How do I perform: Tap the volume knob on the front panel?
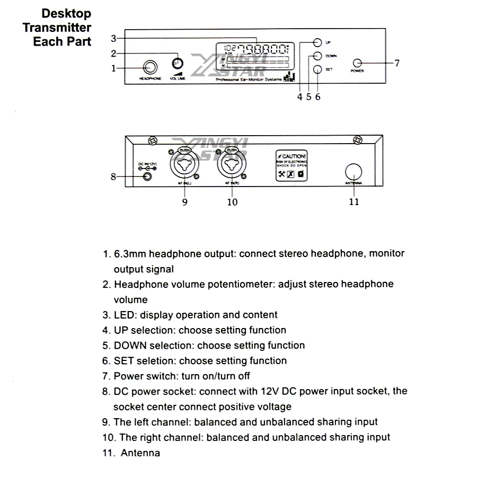pyautogui.click(x=178, y=63)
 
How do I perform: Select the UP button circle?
pyautogui.click(x=317, y=42)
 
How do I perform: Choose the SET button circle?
pyautogui.click(x=317, y=69)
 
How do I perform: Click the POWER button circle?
pyautogui.click(x=358, y=63)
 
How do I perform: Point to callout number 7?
pyautogui.click(x=397, y=63)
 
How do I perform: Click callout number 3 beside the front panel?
pyautogui.click(x=113, y=38)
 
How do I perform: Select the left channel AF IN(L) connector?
pyautogui.click(x=184, y=166)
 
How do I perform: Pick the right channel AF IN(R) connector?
pyautogui.click(x=232, y=166)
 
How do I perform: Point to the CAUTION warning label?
pyautogui.click(x=291, y=166)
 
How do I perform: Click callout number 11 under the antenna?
pyautogui.click(x=354, y=202)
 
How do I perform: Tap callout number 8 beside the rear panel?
pyautogui.click(x=113, y=176)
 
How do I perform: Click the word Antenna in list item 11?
pyautogui.click(x=140, y=453)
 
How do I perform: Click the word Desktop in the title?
pyautogui.click(x=66, y=14)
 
